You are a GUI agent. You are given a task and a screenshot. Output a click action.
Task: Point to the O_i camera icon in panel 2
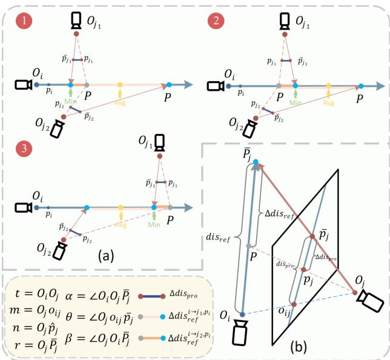click(x=214, y=86)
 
